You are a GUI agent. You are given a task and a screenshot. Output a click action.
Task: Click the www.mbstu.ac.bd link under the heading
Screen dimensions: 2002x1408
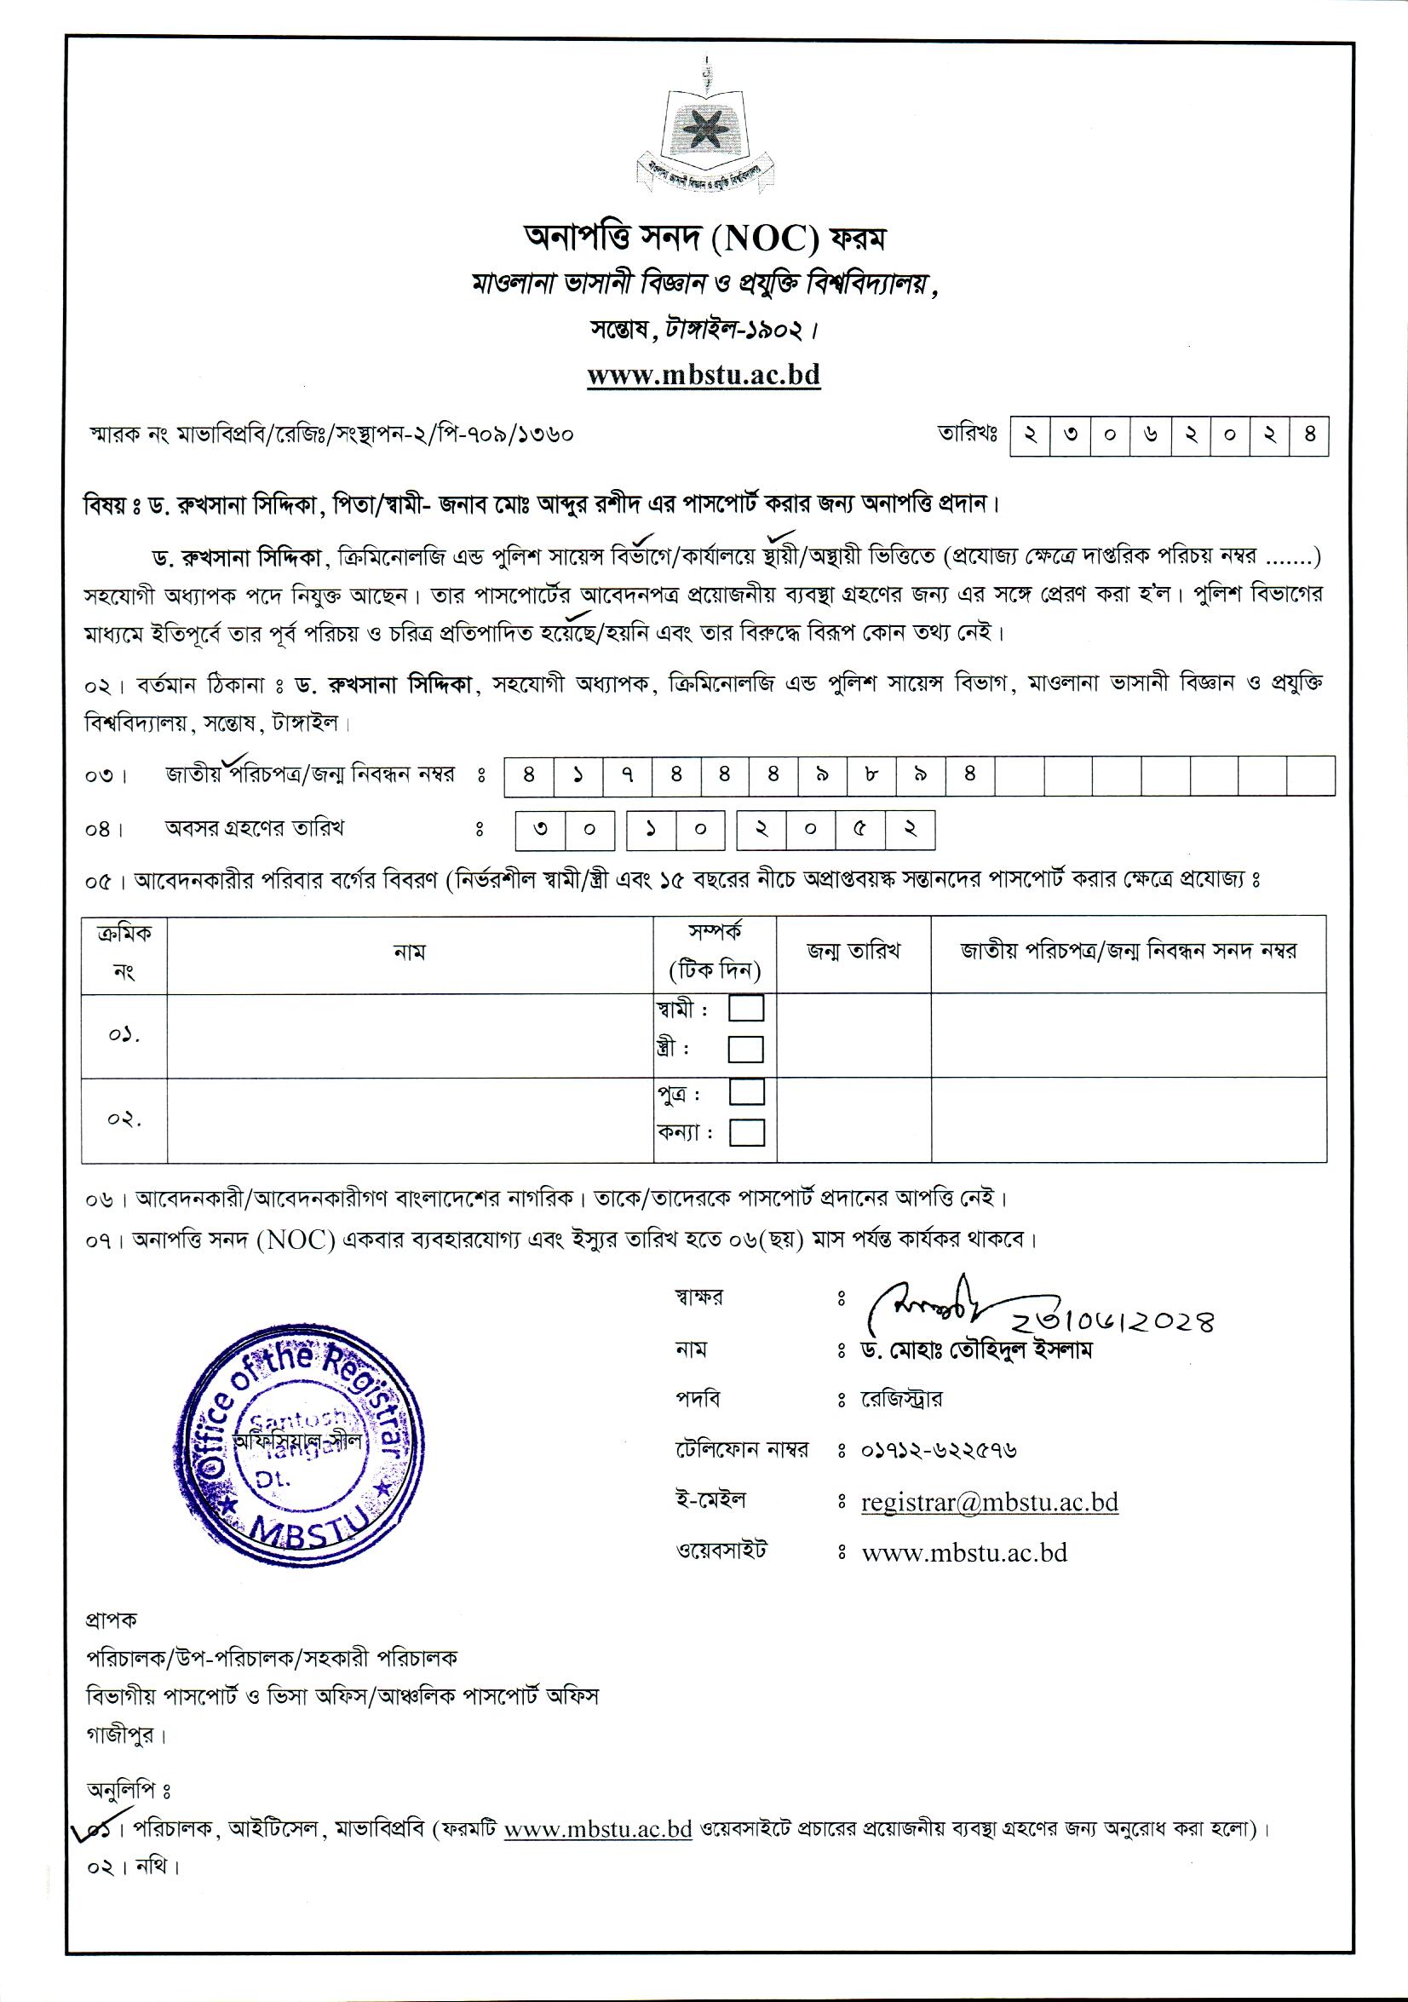coord(704,375)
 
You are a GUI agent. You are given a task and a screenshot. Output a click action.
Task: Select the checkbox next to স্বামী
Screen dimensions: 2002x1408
coord(745,1008)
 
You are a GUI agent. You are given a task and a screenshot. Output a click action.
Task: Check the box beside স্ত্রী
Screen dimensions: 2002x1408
coord(745,1049)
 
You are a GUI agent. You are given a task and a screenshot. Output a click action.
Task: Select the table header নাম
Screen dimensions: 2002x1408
coord(409,952)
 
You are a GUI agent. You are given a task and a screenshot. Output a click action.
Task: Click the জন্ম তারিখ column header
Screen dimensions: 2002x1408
coord(853,952)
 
